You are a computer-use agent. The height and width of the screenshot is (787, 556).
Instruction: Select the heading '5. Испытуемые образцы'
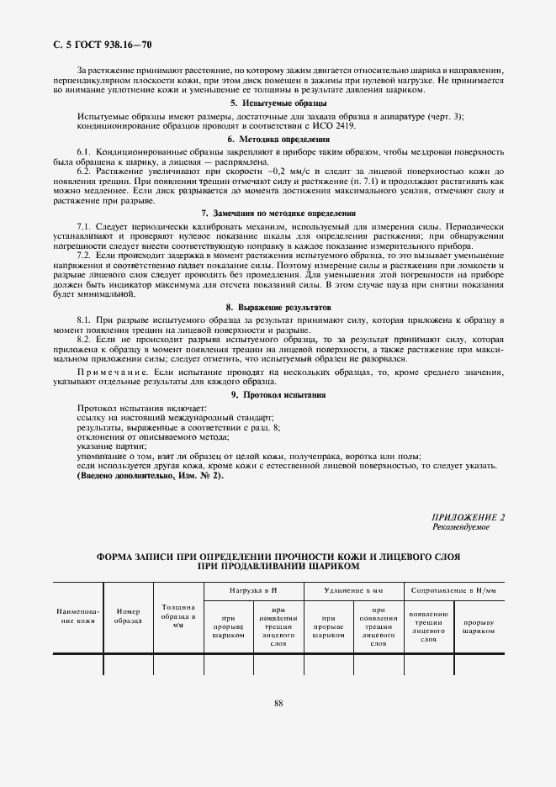pos(278,103)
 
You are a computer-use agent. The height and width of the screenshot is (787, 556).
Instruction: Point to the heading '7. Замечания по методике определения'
pos(278,214)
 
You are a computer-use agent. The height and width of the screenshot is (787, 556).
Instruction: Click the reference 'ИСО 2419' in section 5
pos(336,125)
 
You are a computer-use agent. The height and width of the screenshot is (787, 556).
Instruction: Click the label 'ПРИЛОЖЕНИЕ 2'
pos(468,518)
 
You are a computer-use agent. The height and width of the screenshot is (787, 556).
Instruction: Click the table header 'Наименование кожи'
pos(77,616)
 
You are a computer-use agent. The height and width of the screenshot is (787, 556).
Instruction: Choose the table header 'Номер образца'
pos(128,616)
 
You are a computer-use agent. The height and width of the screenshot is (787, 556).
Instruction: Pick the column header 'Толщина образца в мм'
pos(177,616)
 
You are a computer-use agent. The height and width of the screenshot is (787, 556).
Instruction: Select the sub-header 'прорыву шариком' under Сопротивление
pos(479,626)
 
